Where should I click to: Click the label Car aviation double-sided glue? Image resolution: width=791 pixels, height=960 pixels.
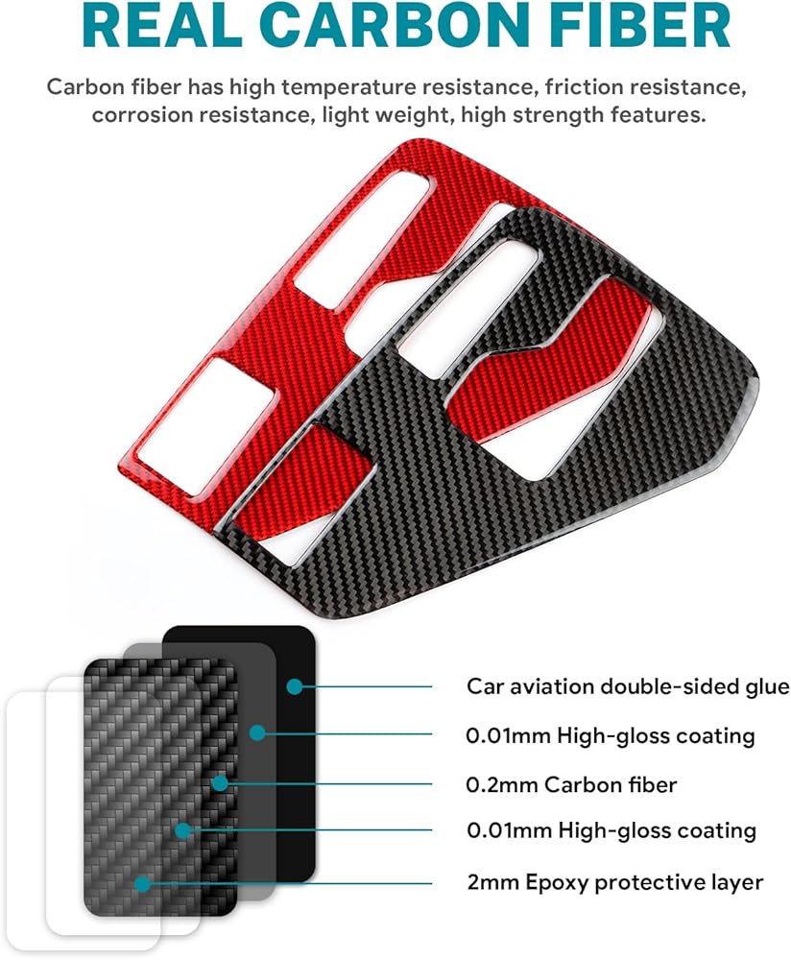coord(628,686)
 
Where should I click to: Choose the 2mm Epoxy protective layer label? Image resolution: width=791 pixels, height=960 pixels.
coord(614,881)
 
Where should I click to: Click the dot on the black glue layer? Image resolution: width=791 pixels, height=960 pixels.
coord(294,686)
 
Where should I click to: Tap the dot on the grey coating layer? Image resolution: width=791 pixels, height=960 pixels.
coord(256,734)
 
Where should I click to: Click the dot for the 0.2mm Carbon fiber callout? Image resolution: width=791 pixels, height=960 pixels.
coord(220,783)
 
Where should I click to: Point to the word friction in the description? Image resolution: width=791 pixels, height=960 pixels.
coord(587,87)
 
